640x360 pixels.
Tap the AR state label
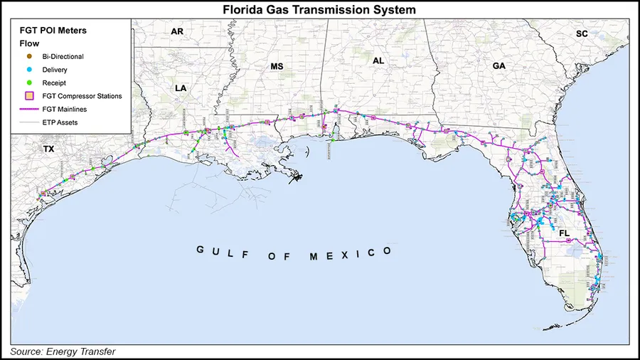click(177, 31)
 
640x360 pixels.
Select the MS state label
click(277, 66)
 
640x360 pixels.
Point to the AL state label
click(378, 61)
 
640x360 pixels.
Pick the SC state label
click(582, 33)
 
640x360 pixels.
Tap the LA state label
click(181, 88)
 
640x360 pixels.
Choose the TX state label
click(48, 149)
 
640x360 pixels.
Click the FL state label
click(565, 233)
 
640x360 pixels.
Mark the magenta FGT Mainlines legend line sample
click(30, 109)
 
